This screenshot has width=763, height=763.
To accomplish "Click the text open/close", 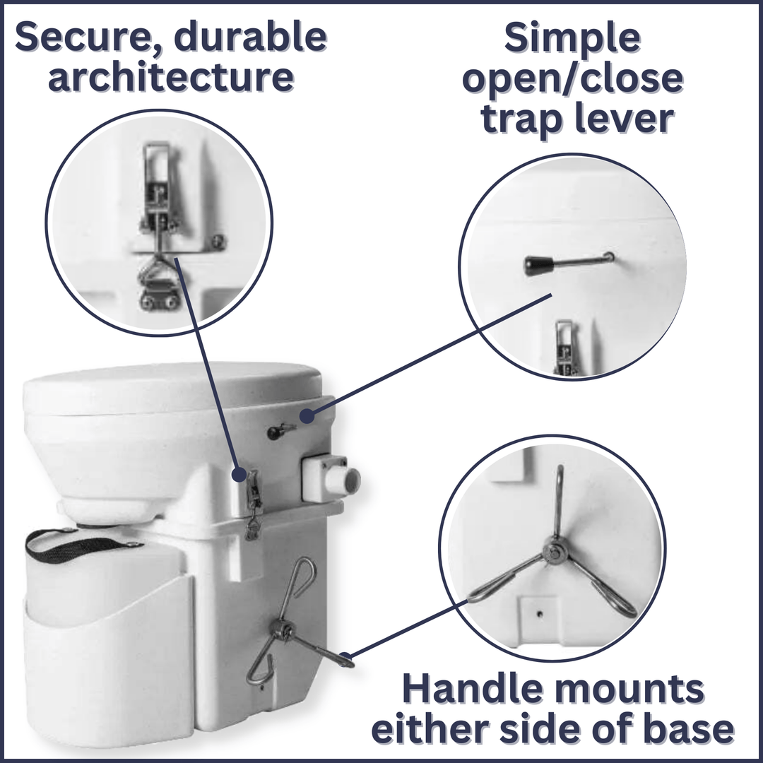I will click(572, 79).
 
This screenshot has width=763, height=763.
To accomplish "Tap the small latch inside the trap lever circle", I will click(564, 346).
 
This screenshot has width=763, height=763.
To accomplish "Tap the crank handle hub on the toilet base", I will click(283, 628).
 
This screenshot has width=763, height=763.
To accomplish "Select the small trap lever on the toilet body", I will click(280, 431).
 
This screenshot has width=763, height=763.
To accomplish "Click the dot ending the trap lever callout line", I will click(305, 416).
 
